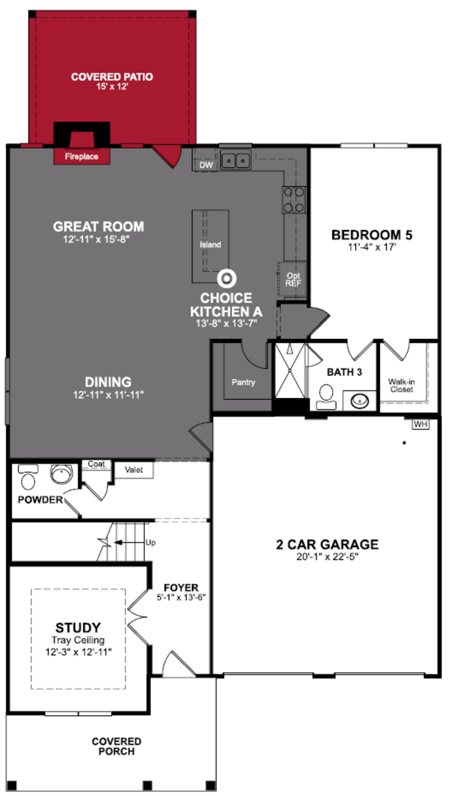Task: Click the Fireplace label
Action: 81,157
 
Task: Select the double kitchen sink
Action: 236,161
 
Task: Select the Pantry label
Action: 243,382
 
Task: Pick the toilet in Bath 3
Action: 326,397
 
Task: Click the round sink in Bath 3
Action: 360,401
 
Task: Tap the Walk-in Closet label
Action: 401,385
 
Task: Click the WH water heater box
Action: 421,424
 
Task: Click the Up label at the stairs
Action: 150,543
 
